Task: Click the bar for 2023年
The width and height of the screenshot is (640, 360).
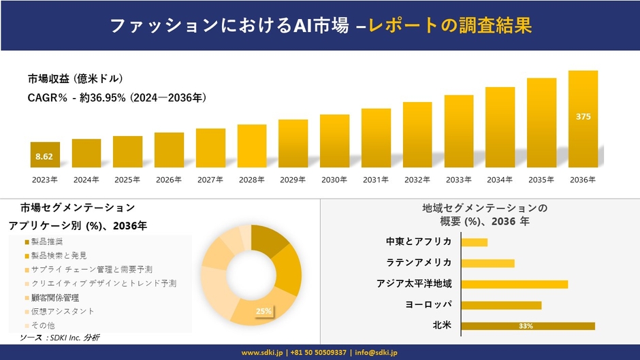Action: coord(45,154)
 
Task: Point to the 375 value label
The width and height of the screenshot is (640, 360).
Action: coord(583,116)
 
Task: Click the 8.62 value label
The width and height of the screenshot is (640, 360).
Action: coord(44,157)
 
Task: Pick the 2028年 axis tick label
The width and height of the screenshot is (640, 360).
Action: coord(251,180)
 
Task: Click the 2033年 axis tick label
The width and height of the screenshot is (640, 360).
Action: coord(458,180)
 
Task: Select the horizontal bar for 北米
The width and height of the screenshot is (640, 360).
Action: coord(528,326)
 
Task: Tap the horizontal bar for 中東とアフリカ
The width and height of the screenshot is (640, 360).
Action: coord(474,242)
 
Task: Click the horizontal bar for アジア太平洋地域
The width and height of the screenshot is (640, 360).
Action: coord(514,284)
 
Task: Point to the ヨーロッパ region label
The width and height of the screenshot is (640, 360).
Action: coord(428,305)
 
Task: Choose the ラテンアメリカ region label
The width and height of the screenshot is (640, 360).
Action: coord(419,263)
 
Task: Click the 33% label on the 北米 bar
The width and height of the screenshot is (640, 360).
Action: coord(526,326)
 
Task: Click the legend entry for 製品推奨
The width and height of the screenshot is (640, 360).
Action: coord(47,242)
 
